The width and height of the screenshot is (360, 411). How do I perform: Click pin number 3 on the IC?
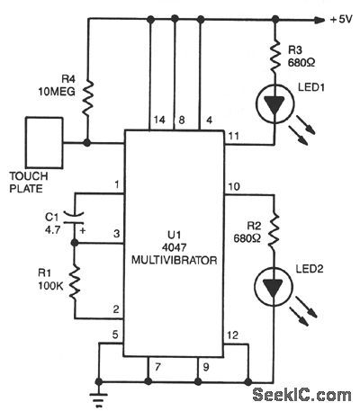116,233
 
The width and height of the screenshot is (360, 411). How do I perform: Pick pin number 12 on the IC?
233,336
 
